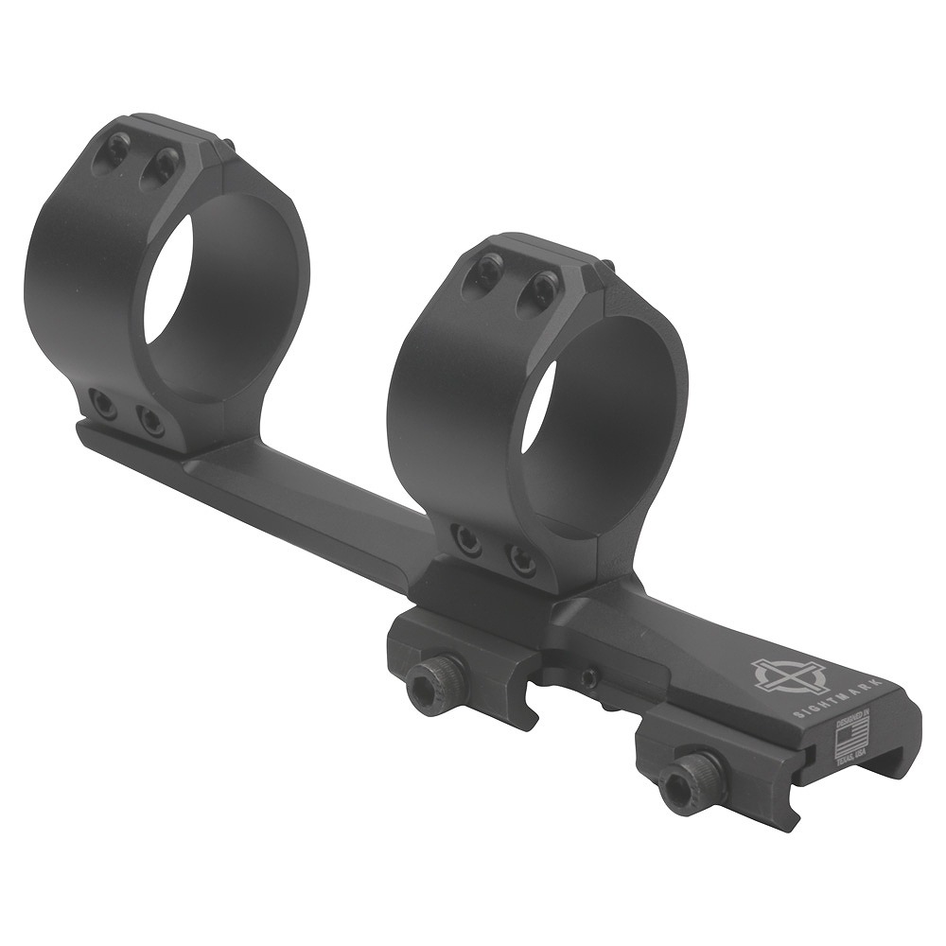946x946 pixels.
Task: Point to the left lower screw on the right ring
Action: click(x=466, y=539)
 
